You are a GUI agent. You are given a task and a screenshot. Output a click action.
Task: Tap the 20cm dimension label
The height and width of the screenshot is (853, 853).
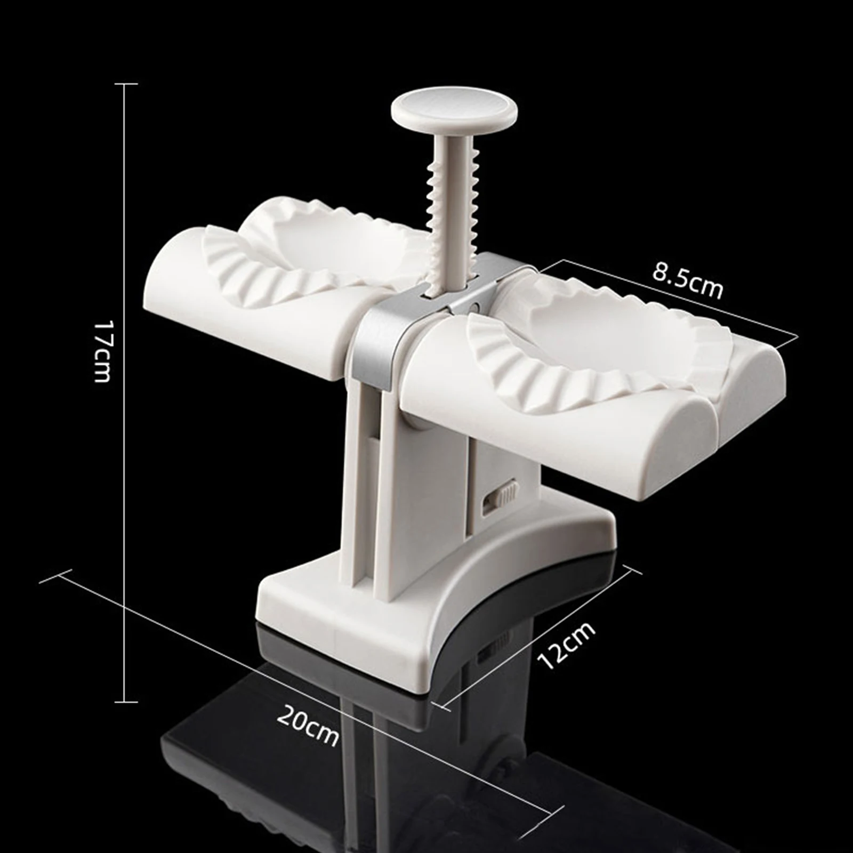coord(308,725)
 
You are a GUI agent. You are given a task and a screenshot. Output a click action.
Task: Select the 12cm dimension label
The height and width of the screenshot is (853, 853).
coord(567,645)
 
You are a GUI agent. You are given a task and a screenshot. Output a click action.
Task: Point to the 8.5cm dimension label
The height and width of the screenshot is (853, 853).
coord(688,280)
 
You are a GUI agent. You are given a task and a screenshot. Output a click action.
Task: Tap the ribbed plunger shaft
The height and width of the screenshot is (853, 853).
coord(452,213)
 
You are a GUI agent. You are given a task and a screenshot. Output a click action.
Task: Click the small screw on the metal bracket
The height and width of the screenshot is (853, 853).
coord(474,308)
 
